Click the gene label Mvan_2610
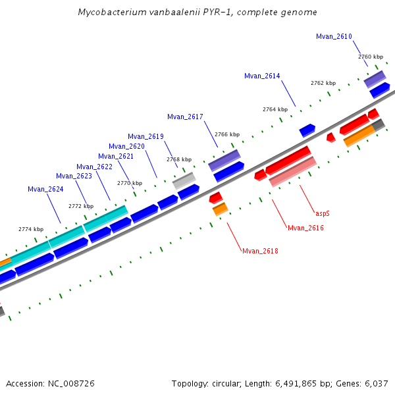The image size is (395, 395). pos(334,36)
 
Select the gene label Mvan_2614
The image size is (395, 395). pos(262,76)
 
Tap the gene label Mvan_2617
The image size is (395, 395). pos(185,117)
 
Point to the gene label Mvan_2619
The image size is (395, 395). pos(145,136)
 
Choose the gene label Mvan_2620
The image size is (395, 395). pos(126,146)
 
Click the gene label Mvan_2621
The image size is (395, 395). pos(116,156)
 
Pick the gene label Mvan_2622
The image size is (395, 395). pos(94,167)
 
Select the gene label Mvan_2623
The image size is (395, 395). pos(74,176)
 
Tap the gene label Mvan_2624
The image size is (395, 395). pos(45,189)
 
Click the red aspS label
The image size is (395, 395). pos(323,213)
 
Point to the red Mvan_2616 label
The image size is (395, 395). pos(305,228)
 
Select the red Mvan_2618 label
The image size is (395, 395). pos(260,251)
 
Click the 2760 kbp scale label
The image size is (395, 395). pos(371,57)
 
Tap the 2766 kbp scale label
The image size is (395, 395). pos(227,134)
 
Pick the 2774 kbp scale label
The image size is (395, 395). pos(31,229)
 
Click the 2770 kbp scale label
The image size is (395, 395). pos(130,183)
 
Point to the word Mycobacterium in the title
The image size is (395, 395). pos(107,13)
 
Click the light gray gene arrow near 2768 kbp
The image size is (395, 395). pos(184,180)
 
